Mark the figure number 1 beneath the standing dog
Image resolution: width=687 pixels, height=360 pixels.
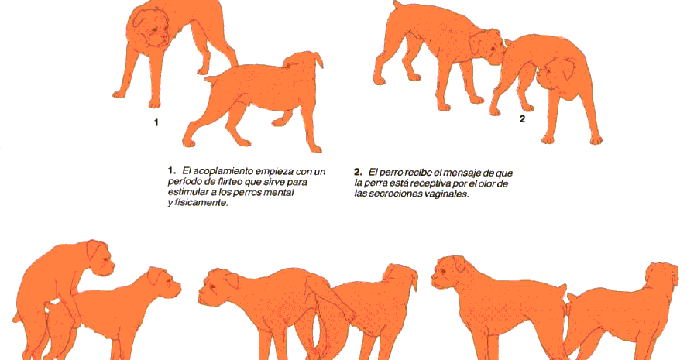tap(156, 122)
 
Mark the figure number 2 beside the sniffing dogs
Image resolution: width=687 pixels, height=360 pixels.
tap(522, 118)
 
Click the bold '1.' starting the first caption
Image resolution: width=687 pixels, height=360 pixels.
tap(171, 170)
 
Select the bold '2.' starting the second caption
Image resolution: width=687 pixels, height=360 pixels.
tap(358, 172)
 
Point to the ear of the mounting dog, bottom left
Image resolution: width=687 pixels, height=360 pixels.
tap(94, 249)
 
